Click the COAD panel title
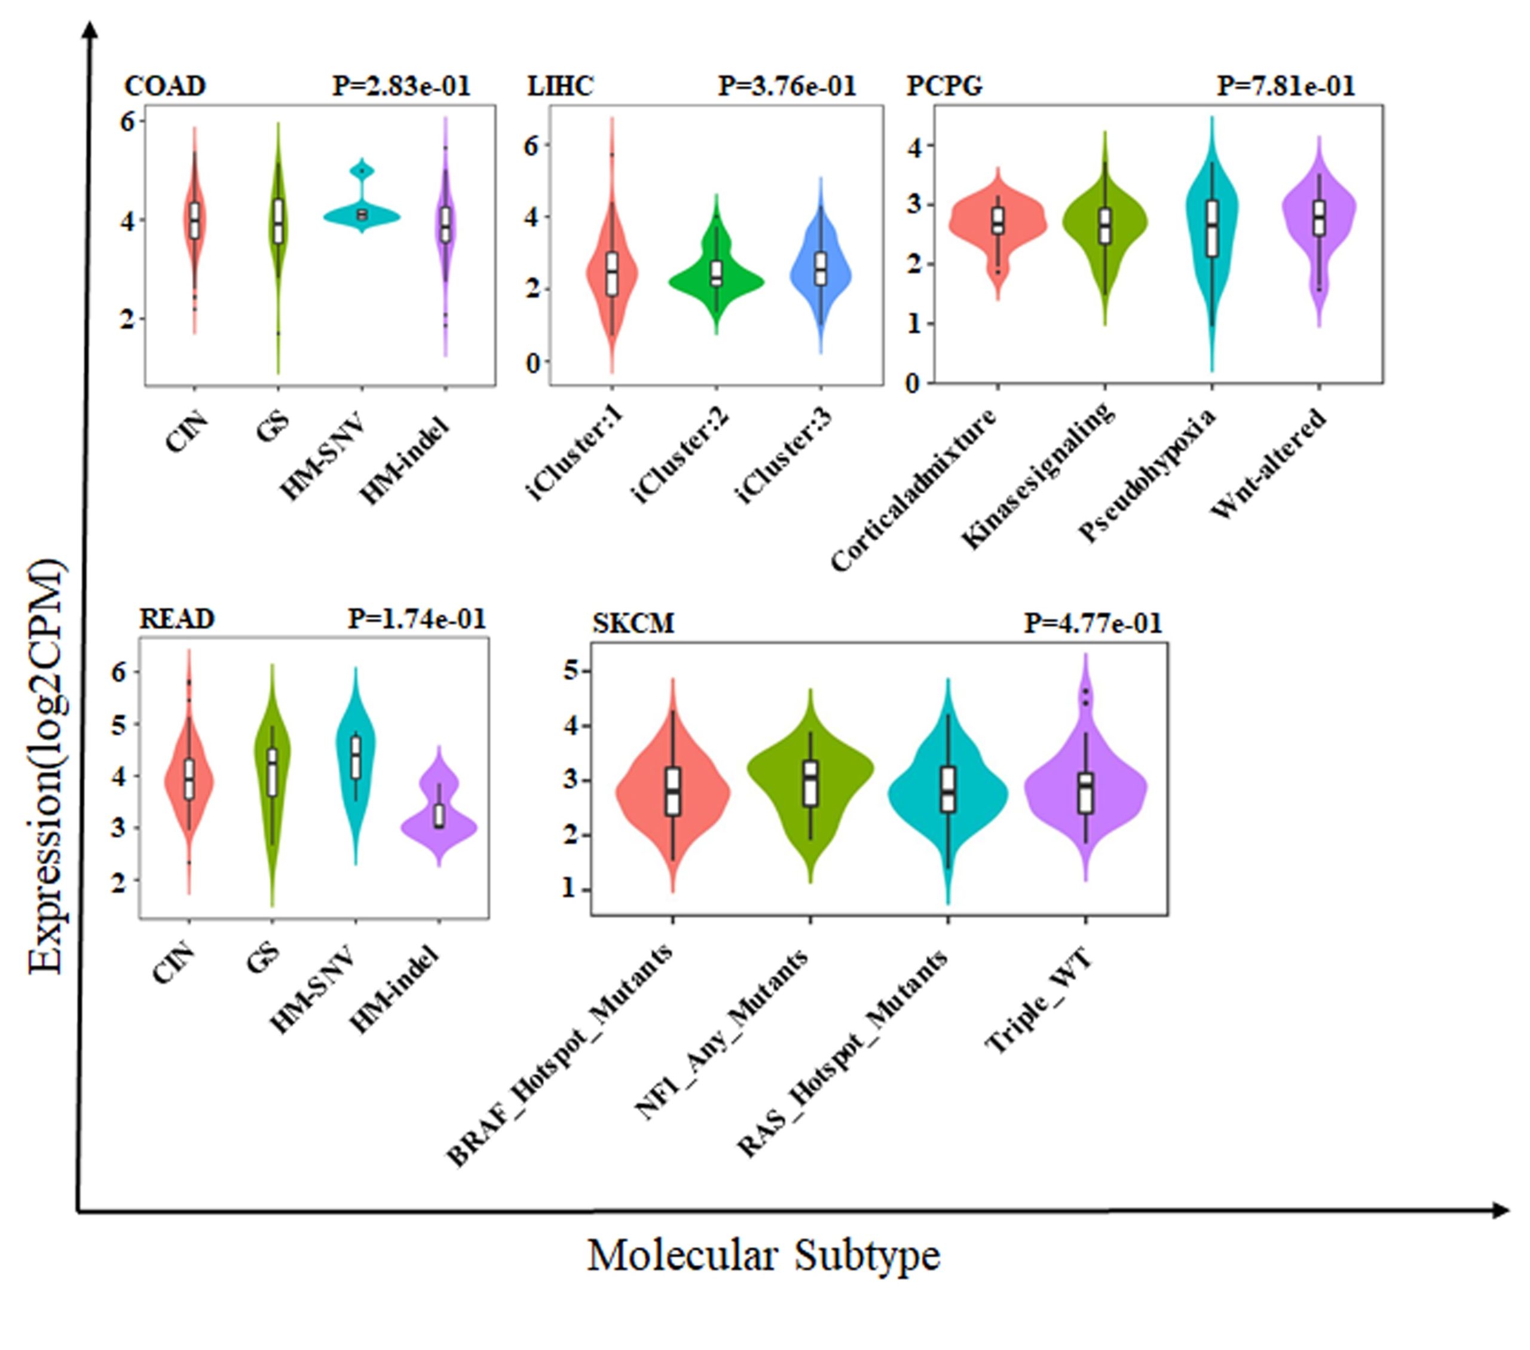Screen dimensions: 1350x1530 [165, 86]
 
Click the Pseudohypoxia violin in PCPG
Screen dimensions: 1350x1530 [1212, 225]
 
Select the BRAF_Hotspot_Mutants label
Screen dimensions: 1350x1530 [559, 1056]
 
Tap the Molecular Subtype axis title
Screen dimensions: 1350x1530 [763, 1255]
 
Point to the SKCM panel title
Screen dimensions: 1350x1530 [634, 623]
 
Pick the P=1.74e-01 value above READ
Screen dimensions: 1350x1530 [417, 619]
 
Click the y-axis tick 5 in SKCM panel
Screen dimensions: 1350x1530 [572, 670]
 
